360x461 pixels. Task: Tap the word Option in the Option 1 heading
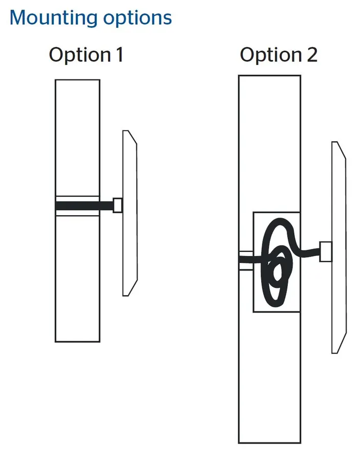click(x=80, y=55)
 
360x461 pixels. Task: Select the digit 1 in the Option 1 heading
click(x=120, y=54)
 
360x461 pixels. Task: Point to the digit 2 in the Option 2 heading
click(x=312, y=54)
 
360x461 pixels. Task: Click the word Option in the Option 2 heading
click(x=271, y=55)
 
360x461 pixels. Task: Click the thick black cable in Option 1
click(x=84, y=205)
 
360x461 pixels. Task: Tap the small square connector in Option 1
click(x=118, y=205)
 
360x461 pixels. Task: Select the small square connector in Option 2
click(x=326, y=252)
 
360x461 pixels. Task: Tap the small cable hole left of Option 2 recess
click(x=246, y=261)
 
